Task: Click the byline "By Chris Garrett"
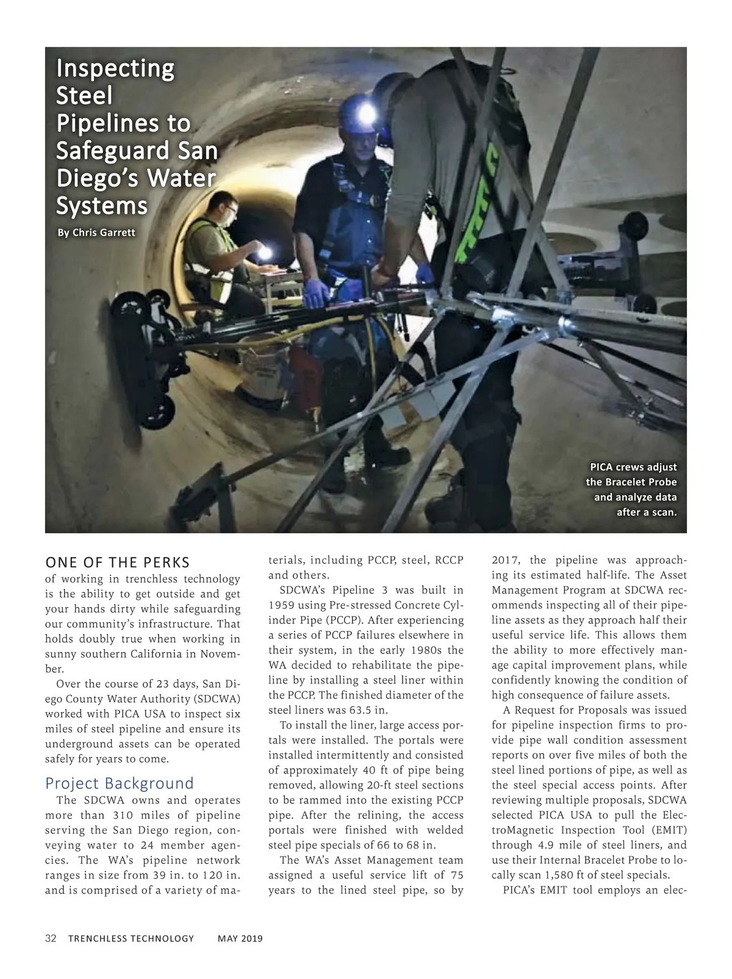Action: click(96, 233)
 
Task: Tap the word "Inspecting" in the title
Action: click(115, 68)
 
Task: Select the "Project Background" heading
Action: click(120, 783)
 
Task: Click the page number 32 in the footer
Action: click(51, 938)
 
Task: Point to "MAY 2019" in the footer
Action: click(240, 939)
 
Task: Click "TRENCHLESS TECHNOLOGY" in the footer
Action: click(131, 939)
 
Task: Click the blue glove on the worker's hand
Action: click(315, 293)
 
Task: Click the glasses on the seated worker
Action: click(231, 210)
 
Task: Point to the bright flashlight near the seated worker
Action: click(266, 254)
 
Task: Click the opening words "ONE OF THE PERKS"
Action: click(118, 563)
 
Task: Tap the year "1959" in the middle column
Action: click(282, 605)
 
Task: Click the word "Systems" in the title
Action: click(101, 206)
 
